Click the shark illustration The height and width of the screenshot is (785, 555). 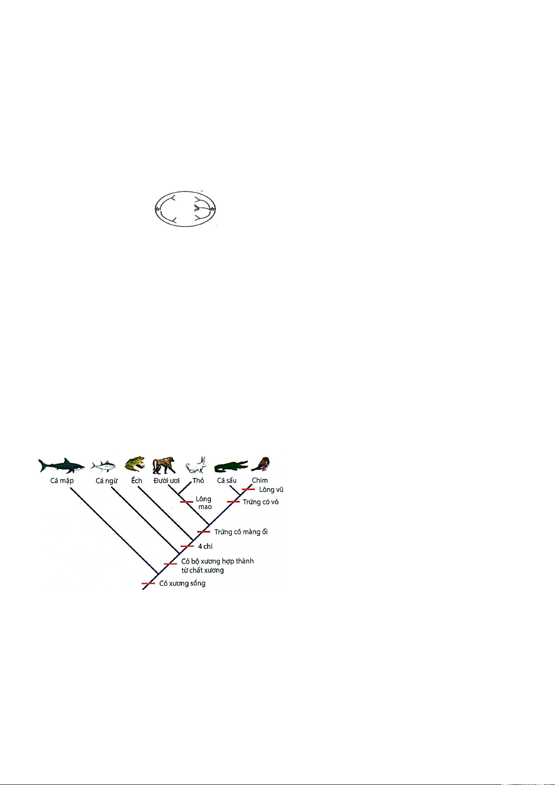pos(61,466)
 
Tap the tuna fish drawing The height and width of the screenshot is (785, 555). pos(104,465)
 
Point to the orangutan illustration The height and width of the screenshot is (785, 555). pos(164,465)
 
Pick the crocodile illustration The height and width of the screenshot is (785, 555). pos(231,466)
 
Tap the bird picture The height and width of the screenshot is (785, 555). pos(261,464)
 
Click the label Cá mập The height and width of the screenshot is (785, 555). pos(62,481)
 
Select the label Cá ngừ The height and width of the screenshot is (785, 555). pos(107,481)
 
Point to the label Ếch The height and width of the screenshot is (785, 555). pos(136,480)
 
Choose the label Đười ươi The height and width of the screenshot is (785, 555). pos(166,480)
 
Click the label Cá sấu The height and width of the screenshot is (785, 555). pos(227,480)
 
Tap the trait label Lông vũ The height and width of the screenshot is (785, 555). pos(271,490)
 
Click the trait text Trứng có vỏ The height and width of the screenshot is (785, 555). pos(261,502)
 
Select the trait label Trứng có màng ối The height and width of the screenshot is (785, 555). pos(241,532)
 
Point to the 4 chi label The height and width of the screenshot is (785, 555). pos(205,546)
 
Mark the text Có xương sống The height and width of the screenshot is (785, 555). pos(182,583)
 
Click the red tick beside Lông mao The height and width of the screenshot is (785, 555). pos(187,502)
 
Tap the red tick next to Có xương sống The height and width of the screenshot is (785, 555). pos(148,583)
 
